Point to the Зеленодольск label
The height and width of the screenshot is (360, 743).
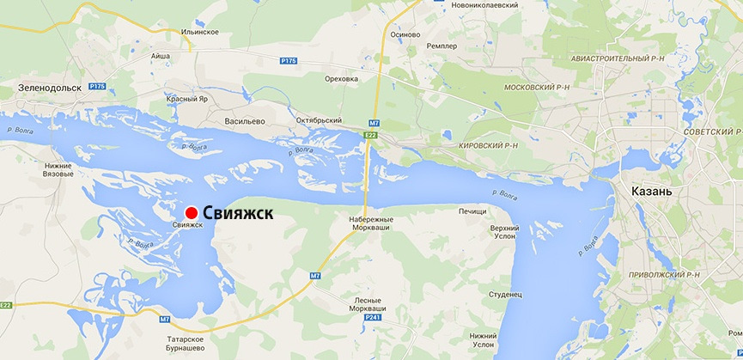[50, 88]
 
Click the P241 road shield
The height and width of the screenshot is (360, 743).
[371, 317]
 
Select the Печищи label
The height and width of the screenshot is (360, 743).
[472, 211]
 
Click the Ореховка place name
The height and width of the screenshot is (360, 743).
[341, 78]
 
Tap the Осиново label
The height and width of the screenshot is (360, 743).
[405, 34]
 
